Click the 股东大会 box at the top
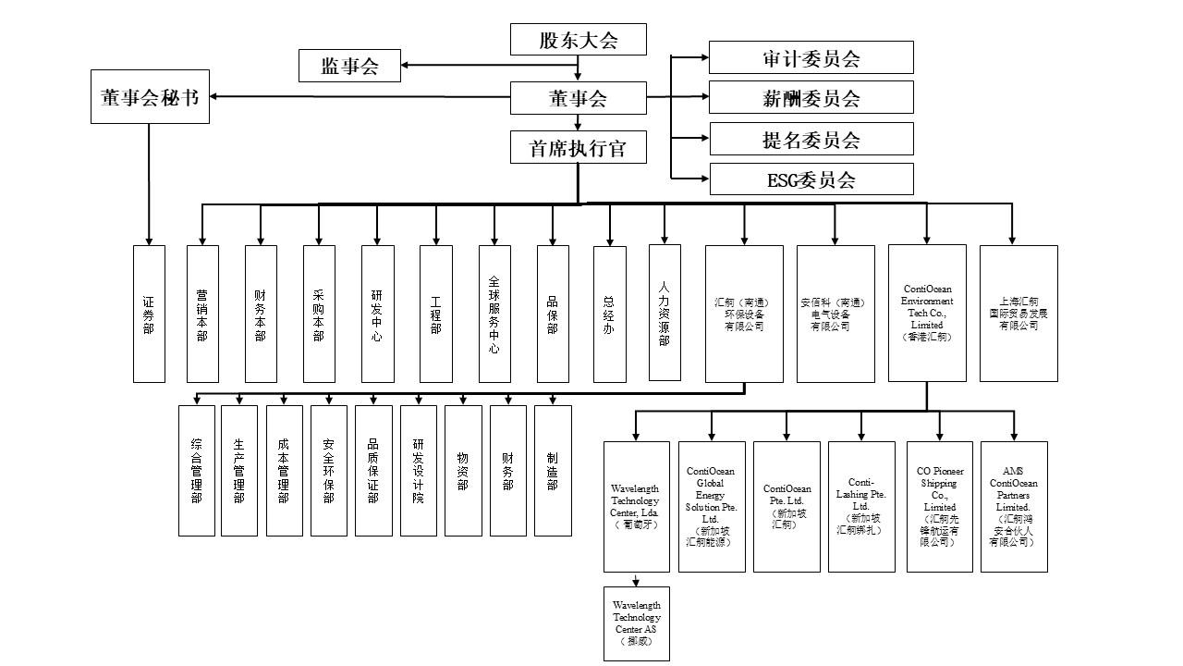tap(578, 40)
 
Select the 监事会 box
tap(349, 66)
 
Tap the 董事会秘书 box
tap(150, 96)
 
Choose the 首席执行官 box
tap(578, 147)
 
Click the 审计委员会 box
tap(811, 57)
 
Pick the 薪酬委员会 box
tap(811, 97)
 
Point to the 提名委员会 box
tap(811, 139)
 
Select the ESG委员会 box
tap(811, 179)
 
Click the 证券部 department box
tap(149, 314)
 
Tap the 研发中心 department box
tap(377, 314)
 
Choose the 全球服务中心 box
tap(494, 314)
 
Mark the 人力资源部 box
tap(665, 313)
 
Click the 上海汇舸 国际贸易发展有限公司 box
tap(1018, 314)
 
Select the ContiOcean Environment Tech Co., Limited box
tap(927, 314)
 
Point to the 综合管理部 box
tap(196, 471)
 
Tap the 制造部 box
tap(553, 471)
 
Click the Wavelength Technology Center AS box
tap(636, 623)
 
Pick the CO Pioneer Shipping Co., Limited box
tap(939, 506)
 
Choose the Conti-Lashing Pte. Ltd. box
tap(861, 506)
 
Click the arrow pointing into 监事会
tap(406, 66)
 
